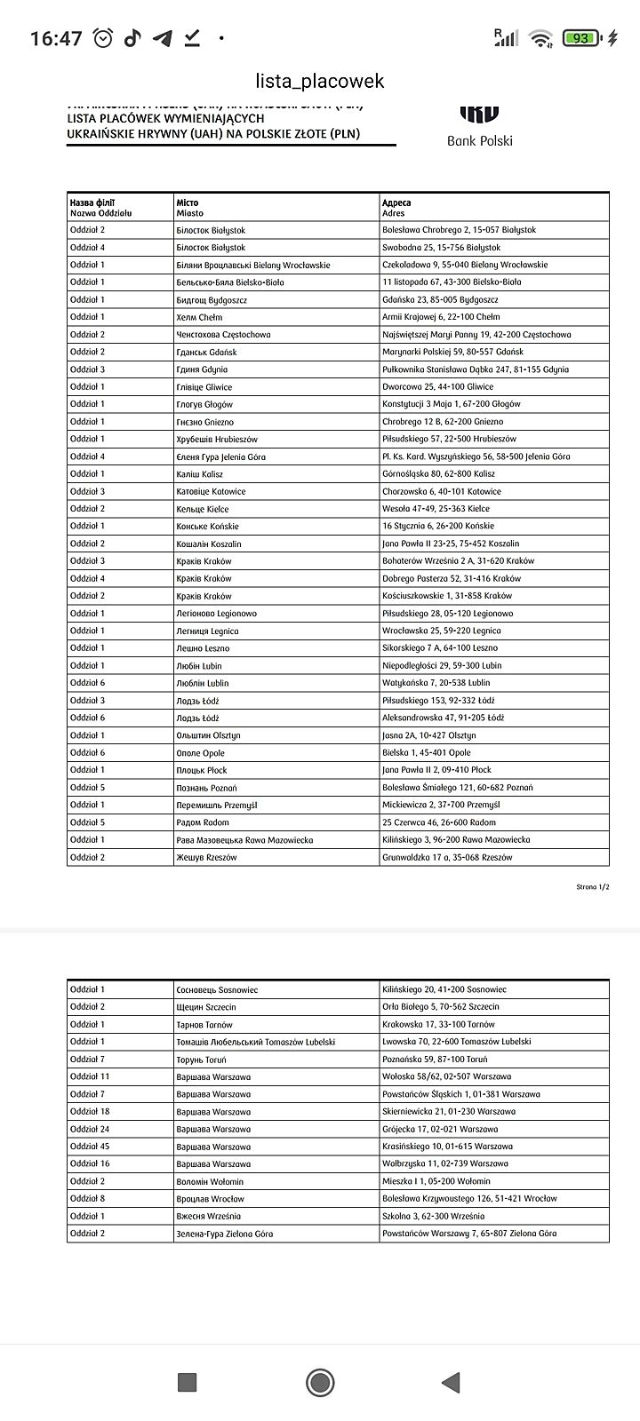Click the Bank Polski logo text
(479, 140)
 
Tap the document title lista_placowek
(320, 81)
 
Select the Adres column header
(396, 208)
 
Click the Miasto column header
(189, 208)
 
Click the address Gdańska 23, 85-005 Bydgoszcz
(440, 299)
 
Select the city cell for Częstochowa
(223, 335)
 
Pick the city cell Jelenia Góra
(220, 456)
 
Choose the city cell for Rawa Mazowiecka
(244, 839)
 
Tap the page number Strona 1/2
(593, 887)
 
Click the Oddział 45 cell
(90, 1146)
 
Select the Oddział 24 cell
(90, 1129)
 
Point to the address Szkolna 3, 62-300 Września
(434, 1216)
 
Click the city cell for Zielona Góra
(225, 1234)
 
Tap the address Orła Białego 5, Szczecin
(441, 1007)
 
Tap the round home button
(320, 1382)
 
